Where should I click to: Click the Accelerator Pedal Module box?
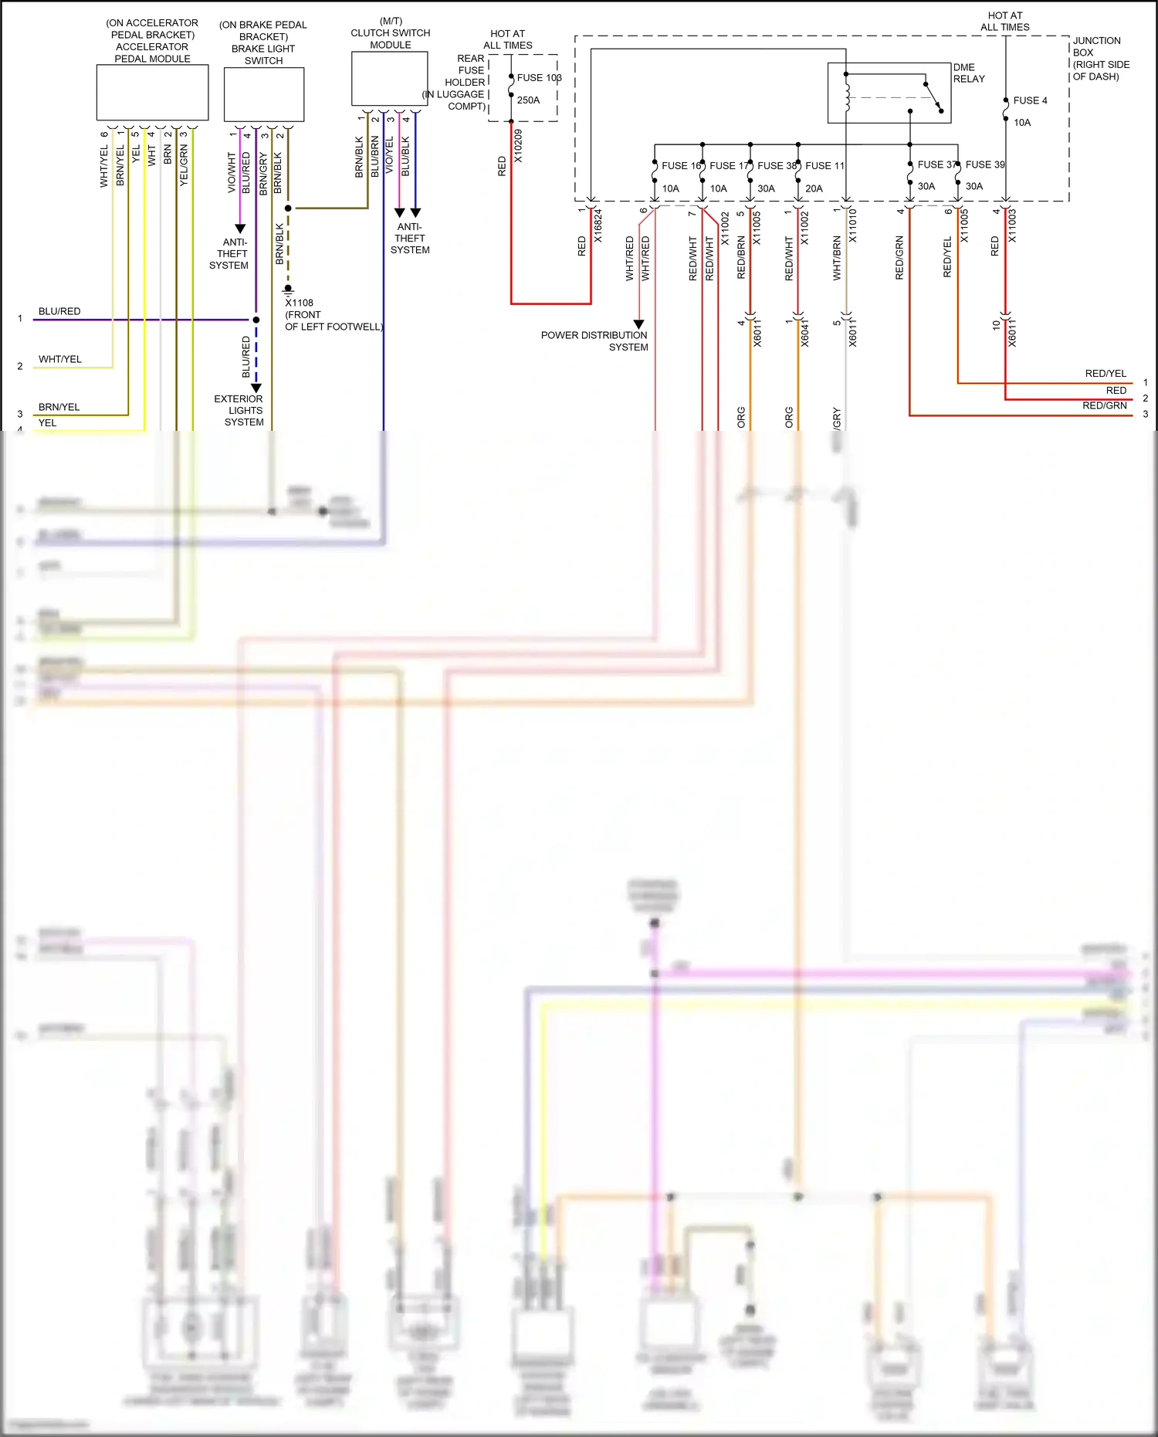[x=152, y=93]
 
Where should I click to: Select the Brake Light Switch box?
[x=263, y=94]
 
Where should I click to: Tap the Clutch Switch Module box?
[x=389, y=79]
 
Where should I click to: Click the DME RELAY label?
[x=969, y=73]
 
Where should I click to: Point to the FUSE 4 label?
[x=1030, y=100]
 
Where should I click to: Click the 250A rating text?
[x=528, y=100]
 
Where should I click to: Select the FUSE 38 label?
[x=776, y=165]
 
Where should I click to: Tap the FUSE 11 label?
[x=824, y=165]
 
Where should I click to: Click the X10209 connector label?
[x=518, y=145]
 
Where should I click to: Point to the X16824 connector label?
[x=598, y=226]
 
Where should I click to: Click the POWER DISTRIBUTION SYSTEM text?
[x=594, y=341]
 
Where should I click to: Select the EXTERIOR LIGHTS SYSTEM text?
[x=239, y=410]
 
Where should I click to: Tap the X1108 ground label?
[x=300, y=303]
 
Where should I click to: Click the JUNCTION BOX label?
[x=1097, y=46]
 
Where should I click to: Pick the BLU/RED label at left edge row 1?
[x=59, y=311]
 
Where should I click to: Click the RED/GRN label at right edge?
[x=1104, y=405]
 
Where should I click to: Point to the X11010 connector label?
[x=852, y=226]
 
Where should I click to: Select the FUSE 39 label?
[x=985, y=164]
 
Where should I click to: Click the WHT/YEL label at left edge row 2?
[x=60, y=359]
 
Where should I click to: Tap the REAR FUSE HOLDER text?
[x=466, y=70]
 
